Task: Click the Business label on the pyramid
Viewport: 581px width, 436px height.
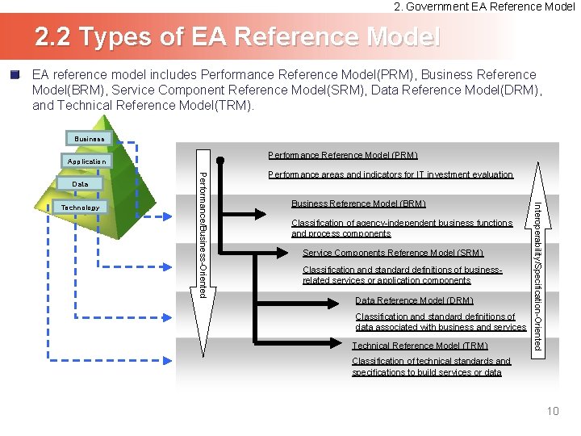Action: click(x=90, y=139)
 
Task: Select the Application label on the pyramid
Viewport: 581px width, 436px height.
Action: click(x=86, y=161)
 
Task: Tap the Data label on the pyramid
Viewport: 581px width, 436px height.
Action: click(x=81, y=184)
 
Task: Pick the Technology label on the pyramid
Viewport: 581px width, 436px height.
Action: click(x=81, y=208)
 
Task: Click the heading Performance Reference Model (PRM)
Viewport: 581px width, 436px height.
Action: click(x=343, y=155)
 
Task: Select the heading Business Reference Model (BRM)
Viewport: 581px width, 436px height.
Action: click(x=358, y=203)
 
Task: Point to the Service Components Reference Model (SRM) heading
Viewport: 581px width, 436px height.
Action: click(x=393, y=253)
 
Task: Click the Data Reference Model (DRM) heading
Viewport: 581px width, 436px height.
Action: click(x=414, y=300)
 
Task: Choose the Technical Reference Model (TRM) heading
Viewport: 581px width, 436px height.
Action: click(x=420, y=346)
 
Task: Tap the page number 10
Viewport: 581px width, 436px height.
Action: click(x=553, y=412)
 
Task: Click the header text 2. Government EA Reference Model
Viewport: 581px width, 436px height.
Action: click(x=484, y=6)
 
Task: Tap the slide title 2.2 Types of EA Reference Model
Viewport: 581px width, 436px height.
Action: click(x=237, y=36)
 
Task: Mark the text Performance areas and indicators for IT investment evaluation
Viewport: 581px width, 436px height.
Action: click(x=391, y=174)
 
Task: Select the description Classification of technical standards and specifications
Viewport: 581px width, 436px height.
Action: click(x=431, y=367)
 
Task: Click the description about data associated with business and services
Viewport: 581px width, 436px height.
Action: click(x=441, y=322)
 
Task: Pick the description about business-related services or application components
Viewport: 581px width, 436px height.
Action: click(x=402, y=275)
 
